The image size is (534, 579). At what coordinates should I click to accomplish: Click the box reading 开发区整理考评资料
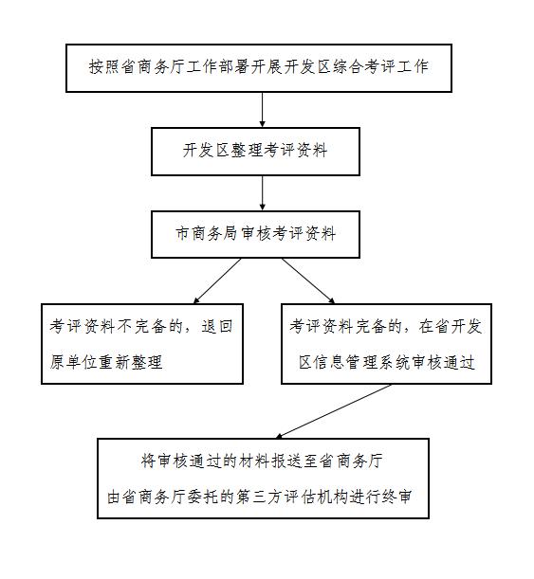click(255, 152)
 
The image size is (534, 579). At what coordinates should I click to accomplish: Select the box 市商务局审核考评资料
click(255, 234)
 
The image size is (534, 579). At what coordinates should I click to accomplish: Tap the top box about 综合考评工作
click(259, 68)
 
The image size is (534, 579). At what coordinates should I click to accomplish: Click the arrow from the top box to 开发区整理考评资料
click(263, 110)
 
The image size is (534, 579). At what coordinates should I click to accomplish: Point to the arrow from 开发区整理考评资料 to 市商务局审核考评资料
click(263, 193)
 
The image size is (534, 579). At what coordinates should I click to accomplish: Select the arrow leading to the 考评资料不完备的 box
click(217, 281)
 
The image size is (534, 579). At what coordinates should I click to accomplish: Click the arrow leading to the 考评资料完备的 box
click(308, 281)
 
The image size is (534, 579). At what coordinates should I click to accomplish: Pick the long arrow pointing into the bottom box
click(333, 411)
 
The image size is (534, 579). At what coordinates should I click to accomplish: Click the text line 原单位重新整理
click(106, 362)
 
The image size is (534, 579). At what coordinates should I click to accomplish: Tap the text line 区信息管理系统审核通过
click(387, 362)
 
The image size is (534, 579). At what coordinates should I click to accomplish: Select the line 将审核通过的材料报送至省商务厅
click(262, 461)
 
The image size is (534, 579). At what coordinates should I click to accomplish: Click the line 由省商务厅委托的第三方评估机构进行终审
click(260, 497)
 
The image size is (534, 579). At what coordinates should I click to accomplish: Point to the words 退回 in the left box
click(217, 326)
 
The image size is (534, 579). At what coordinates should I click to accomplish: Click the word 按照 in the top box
click(104, 66)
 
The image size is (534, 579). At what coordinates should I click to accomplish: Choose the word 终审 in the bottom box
click(396, 497)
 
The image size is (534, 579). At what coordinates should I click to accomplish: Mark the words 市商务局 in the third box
click(206, 233)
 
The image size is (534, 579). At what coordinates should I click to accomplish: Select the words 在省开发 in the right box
click(451, 326)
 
